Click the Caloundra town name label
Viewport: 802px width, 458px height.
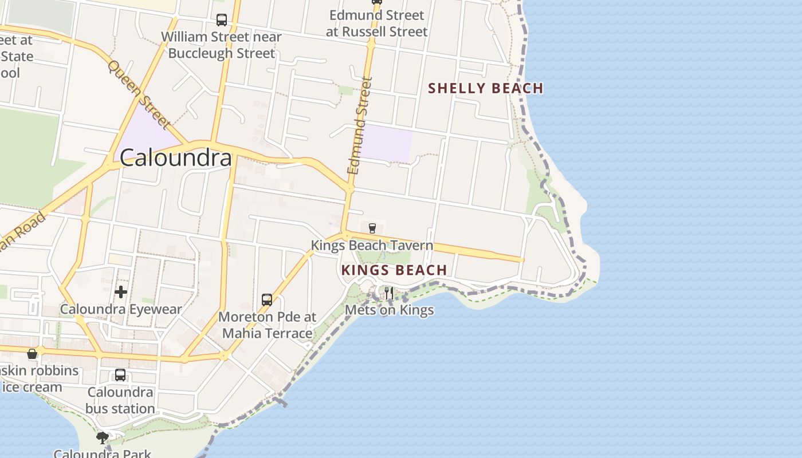tap(175, 158)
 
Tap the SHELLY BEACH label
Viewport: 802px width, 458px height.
tap(486, 88)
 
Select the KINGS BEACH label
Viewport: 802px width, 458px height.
tap(394, 270)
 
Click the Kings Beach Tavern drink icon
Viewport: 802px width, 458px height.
tap(372, 228)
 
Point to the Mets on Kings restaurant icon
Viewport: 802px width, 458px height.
tap(389, 293)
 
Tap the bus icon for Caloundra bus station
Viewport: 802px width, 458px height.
tap(120, 375)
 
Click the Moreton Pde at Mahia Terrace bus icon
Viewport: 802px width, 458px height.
tap(267, 299)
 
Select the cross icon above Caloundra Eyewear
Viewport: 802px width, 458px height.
tap(121, 292)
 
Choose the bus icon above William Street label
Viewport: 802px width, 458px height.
tap(222, 20)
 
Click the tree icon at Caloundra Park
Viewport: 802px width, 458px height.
tap(103, 439)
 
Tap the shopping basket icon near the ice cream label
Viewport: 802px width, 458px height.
tap(32, 354)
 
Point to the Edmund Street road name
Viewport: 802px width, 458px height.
tap(360, 126)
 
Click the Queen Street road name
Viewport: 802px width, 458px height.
tap(139, 94)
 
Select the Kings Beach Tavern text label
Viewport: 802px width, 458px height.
tap(372, 246)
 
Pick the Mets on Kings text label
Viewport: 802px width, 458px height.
tap(389, 310)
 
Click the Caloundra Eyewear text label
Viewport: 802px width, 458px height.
tap(121, 309)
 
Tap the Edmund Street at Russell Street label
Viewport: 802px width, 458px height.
tap(376, 23)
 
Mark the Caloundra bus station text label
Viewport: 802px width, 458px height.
tap(120, 400)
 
